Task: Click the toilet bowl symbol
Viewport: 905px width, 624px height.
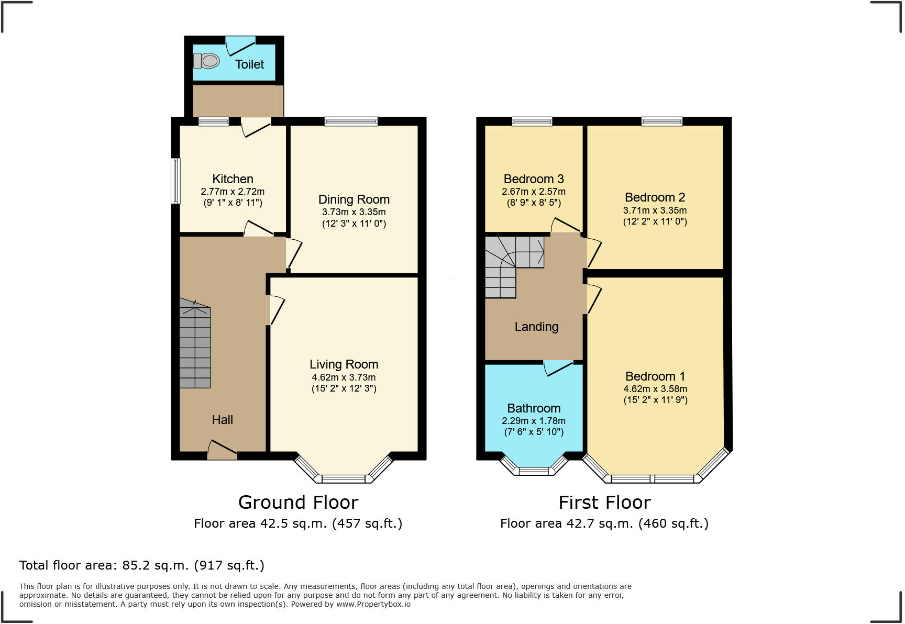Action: tap(207, 61)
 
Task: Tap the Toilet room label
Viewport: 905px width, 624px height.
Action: tap(249, 64)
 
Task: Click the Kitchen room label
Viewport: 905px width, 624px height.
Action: tap(233, 179)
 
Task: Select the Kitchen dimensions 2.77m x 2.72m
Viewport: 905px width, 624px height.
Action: tap(233, 192)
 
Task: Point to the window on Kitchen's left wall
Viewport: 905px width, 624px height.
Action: tap(176, 181)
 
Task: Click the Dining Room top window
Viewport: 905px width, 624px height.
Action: tap(351, 121)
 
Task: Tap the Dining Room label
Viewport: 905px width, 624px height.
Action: tap(354, 199)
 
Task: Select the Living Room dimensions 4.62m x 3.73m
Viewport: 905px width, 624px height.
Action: tap(344, 377)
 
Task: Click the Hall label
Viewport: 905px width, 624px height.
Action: tap(222, 420)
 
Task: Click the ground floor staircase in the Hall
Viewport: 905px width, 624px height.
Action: tap(195, 346)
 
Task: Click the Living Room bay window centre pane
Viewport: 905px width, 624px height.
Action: tap(343, 478)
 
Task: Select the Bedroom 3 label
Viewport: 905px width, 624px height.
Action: tap(534, 179)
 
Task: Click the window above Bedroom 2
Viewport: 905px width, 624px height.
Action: tap(662, 121)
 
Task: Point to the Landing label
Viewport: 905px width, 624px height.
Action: tap(536, 327)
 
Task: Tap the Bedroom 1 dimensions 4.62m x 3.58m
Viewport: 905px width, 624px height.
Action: tap(655, 389)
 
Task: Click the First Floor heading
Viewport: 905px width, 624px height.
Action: tap(604, 503)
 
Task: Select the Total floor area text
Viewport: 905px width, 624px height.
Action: tap(142, 565)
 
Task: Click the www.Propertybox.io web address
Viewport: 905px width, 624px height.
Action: tap(373, 604)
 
